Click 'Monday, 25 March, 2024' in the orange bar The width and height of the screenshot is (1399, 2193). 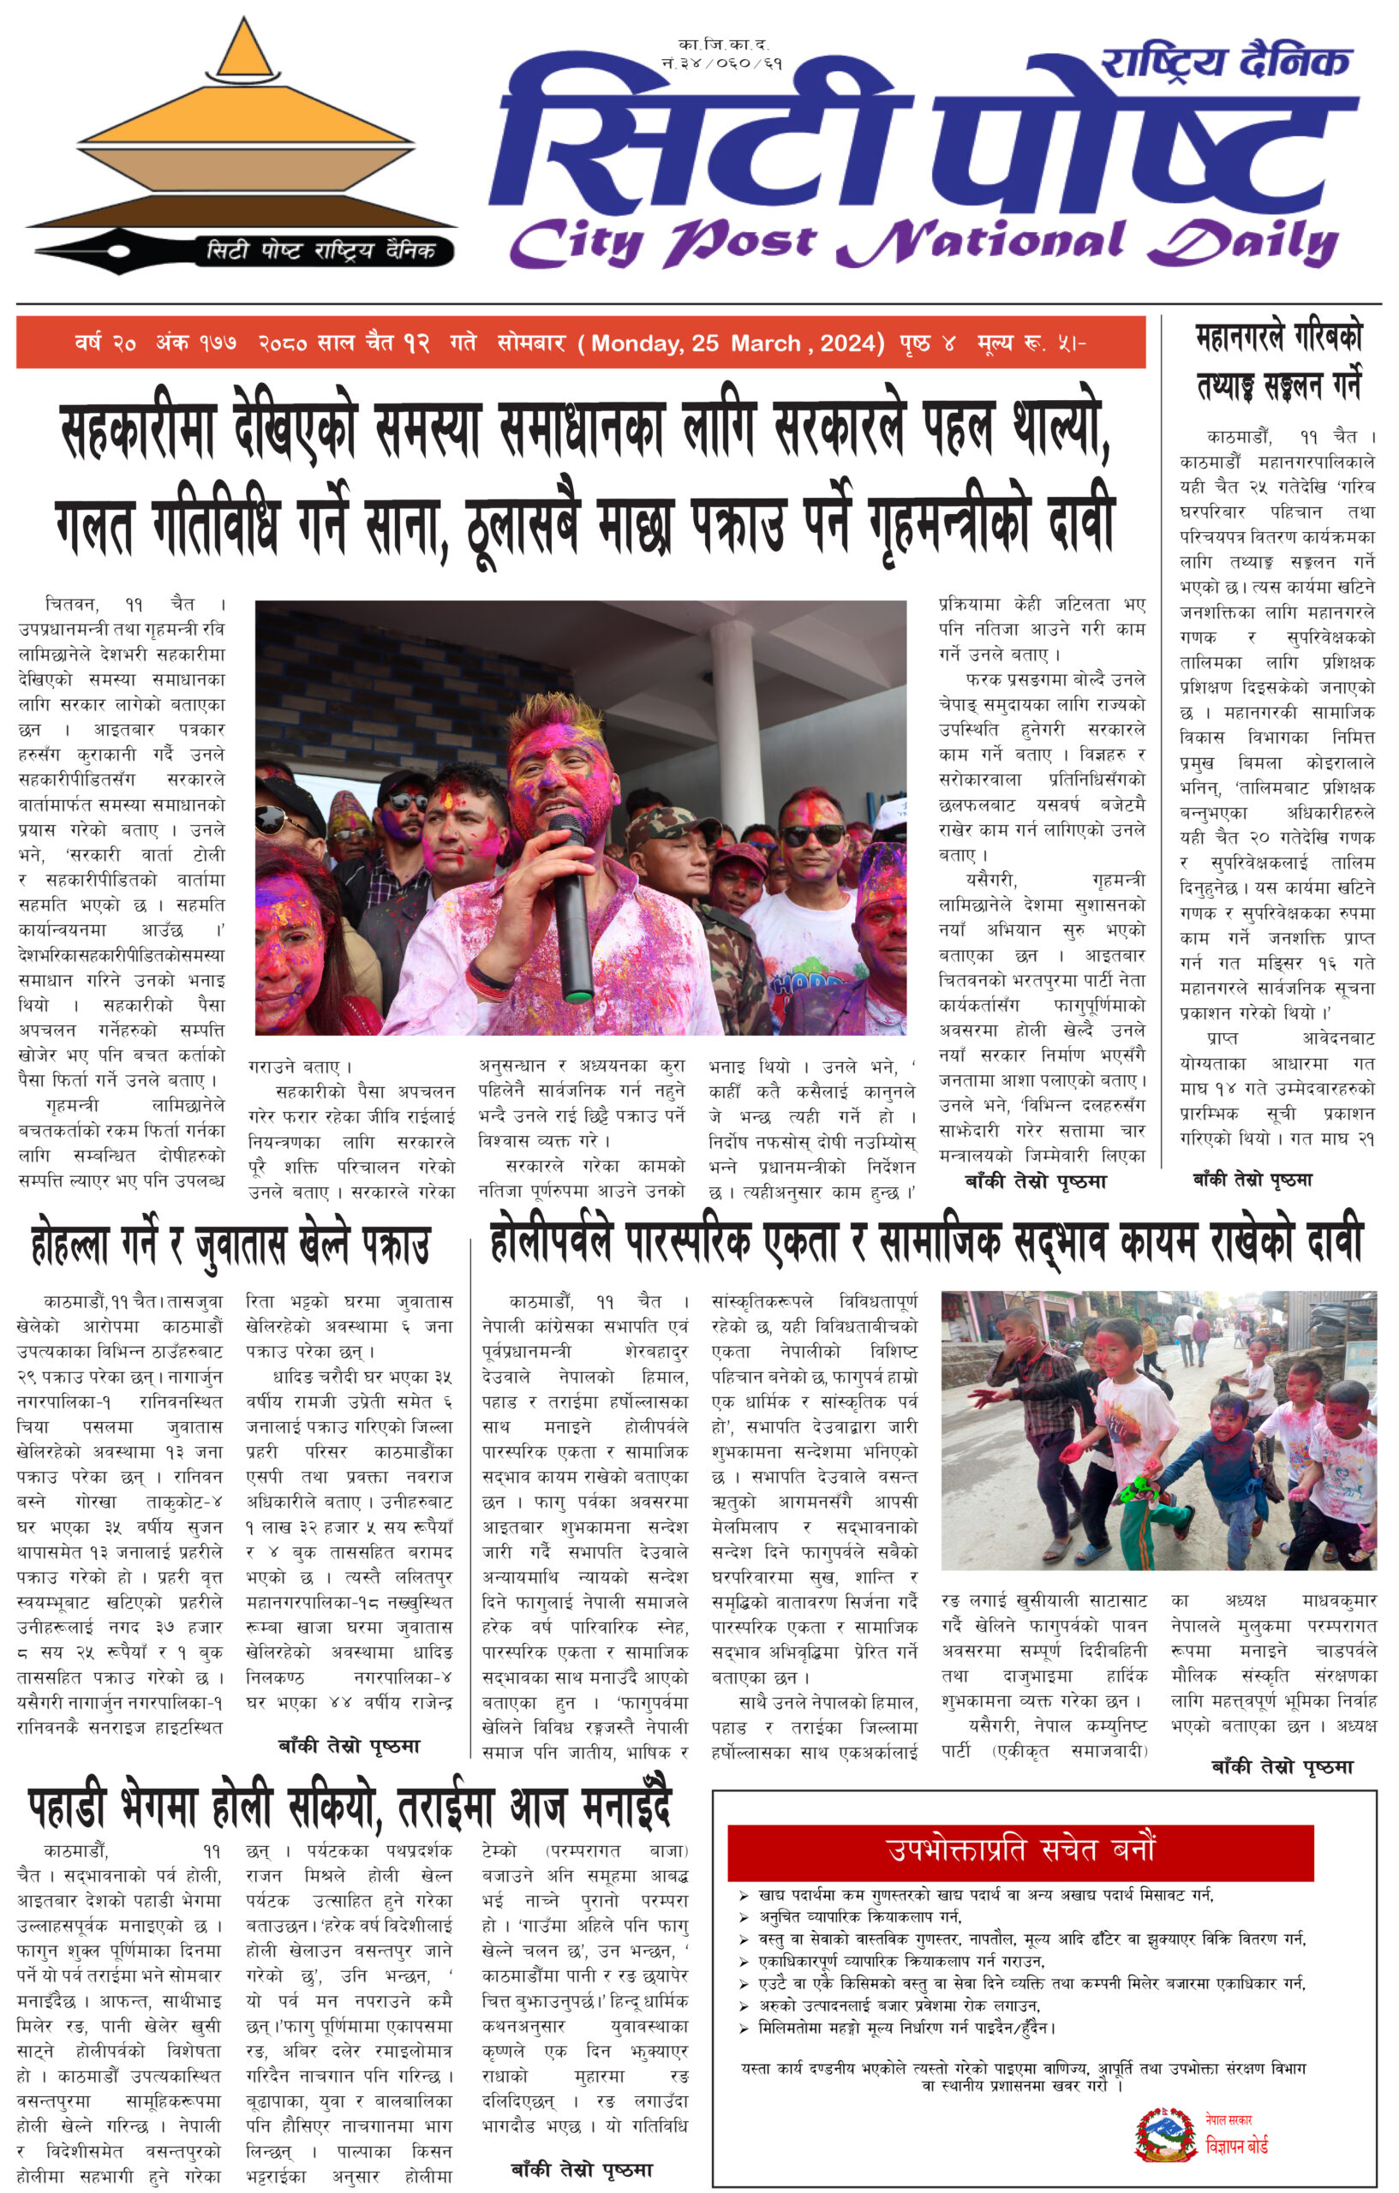click(x=737, y=344)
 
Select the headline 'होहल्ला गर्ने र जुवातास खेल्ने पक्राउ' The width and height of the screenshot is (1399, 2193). click(x=230, y=1246)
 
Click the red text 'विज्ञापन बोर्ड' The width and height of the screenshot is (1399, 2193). click(x=1235, y=2146)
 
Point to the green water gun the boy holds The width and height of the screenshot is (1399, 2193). click(x=1134, y=1491)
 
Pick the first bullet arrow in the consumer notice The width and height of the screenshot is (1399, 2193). click(x=744, y=1894)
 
